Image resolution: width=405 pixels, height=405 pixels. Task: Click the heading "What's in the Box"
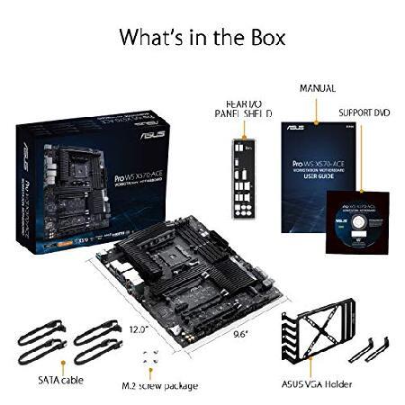click(x=202, y=38)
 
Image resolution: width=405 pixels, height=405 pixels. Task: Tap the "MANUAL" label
click(x=317, y=88)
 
